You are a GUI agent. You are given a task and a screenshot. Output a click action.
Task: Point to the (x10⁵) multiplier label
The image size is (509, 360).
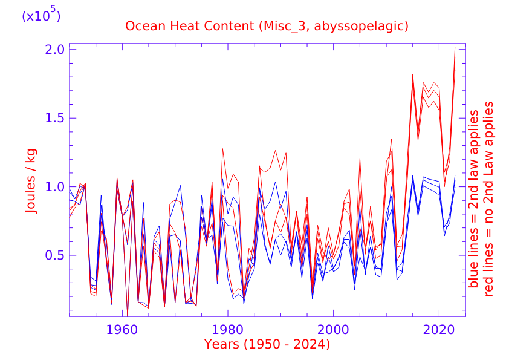point(41,16)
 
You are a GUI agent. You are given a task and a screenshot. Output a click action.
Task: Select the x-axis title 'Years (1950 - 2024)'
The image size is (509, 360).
point(267,345)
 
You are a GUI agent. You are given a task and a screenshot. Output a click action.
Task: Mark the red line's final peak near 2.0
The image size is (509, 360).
point(455,47)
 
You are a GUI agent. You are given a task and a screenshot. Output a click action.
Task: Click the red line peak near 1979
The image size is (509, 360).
point(222,148)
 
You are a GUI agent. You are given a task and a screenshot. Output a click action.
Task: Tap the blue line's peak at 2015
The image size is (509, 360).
point(413,175)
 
